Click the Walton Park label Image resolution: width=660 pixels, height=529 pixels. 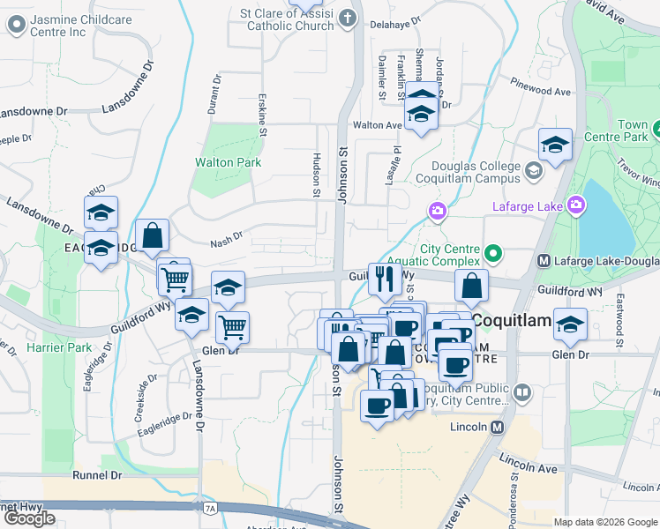(228, 162)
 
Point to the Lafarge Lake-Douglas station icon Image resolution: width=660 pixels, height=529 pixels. (544, 261)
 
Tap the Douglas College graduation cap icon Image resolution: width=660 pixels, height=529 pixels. (533, 170)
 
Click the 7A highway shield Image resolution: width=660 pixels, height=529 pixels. (209, 508)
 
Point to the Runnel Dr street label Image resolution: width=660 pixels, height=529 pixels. (97, 474)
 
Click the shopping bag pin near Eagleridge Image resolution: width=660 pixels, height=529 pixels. (152, 235)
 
